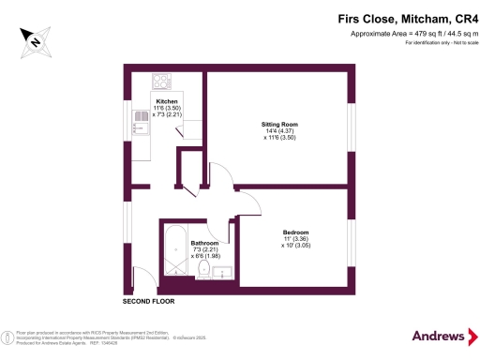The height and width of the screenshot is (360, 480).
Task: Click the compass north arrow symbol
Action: (33, 40)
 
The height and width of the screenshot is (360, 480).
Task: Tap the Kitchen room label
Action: (167, 101)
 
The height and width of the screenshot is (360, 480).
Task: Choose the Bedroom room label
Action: (296, 232)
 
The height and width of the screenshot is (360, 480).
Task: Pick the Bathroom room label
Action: (204, 243)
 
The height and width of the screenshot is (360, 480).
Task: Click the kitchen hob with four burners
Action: (160, 81)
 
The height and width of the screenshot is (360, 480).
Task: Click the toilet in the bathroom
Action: (203, 269)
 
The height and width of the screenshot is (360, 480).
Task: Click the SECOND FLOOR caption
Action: (149, 302)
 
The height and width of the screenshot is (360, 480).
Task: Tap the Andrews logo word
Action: (438, 335)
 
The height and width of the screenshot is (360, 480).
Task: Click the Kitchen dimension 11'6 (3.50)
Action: (167, 108)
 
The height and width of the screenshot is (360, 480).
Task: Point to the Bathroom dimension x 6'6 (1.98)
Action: (204, 256)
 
